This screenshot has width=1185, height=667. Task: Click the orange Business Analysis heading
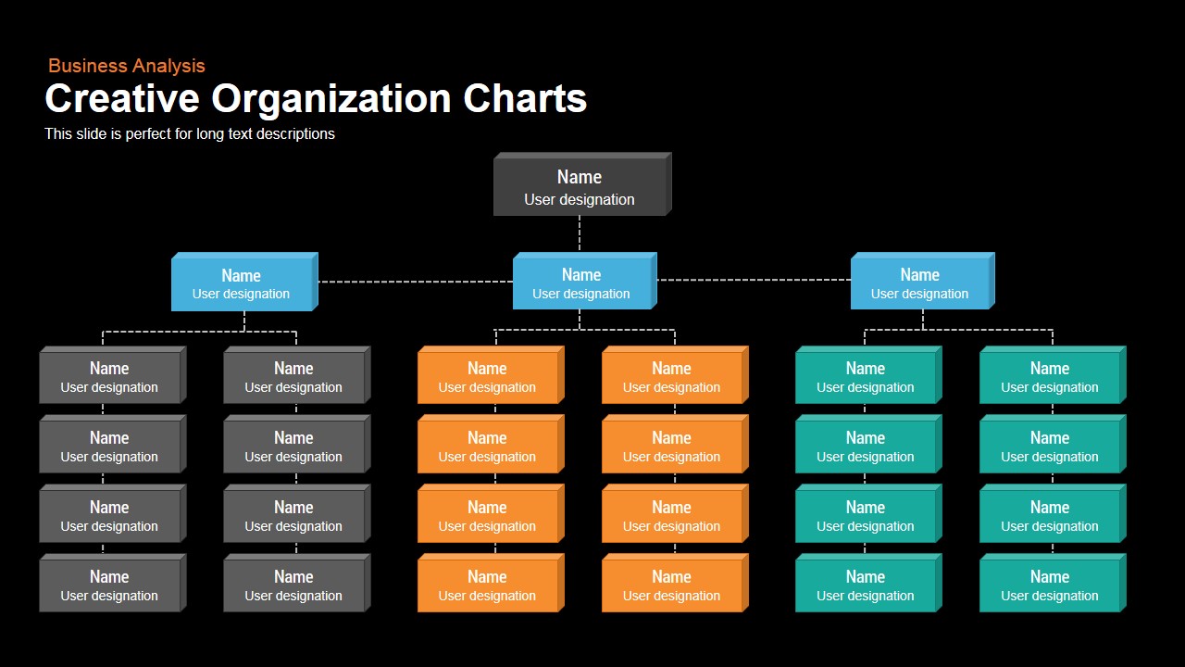pyautogui.click(x=127, y=66)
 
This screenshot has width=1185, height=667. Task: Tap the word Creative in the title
pyautogui.click(x=122, y=98)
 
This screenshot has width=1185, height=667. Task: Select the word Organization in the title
pyautogui.click(x=331, y=99)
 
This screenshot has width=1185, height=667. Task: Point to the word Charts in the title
pyautogui.click(x=525, y=98)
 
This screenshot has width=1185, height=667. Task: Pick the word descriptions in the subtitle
pyautogui.click(x=295, y=134)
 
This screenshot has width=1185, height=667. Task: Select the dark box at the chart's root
pyautogui.click(x=582, y=184)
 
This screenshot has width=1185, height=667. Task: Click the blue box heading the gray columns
pyautogui.click(x=244, y=282)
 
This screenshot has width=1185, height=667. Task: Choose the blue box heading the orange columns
pyautogui.click(x=584, y=281)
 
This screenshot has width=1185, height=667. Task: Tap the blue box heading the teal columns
pyautogui.click(x=923, y=281)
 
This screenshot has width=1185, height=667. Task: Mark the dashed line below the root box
pyautogui.click(x=580, y=233)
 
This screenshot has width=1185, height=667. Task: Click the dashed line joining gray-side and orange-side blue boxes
pyautogui.click(x=416, y=282)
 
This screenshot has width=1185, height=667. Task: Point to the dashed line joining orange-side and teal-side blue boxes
pyautogui.click(x=754, y=280)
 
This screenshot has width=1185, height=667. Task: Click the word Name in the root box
pyautogui.click(x=580, y=177)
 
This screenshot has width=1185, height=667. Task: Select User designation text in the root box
pyautogui.click(x=580, y=199)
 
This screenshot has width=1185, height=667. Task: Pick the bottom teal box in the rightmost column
pyautogui.click(x=1053, y=583)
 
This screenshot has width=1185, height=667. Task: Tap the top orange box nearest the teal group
pyautogui.click(x=675, y=375)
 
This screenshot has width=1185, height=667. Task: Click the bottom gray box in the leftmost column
pyautogui.click(x=113, y=583)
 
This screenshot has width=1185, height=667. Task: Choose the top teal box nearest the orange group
pyautogui.click(x=868, y=375)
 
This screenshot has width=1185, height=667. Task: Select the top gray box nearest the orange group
pyautogui.click(x=297, y=375)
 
